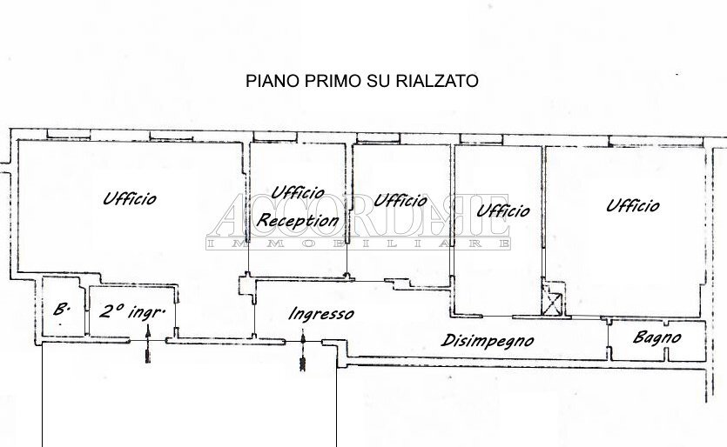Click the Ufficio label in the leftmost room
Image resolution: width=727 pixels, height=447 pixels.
(130, 198)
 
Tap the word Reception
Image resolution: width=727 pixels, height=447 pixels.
(297, 221)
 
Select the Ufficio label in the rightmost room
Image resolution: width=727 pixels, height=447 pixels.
(632, 206)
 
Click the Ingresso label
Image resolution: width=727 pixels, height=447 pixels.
(320, 314)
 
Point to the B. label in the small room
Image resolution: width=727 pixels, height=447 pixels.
(61, 309)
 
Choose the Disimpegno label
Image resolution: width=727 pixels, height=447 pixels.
(488, 341)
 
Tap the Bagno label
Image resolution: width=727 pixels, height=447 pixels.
(656, 337)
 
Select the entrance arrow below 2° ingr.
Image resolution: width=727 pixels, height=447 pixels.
(149, 343)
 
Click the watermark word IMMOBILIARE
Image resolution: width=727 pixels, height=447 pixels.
(357, 246)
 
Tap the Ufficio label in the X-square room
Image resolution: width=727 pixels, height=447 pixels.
(503, 210)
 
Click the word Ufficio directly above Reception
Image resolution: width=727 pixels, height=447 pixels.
(298, 192)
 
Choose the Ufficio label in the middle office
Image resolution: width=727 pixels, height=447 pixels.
(400, 200)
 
